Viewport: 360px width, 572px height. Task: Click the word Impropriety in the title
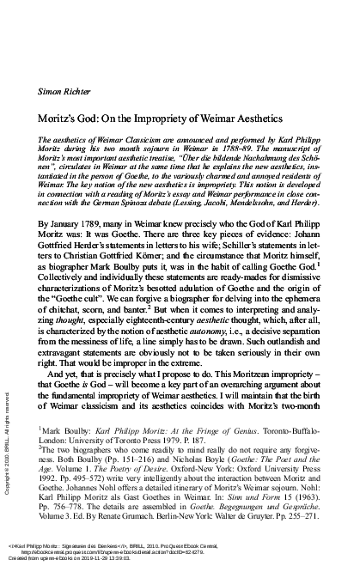(x=182, y=113)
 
